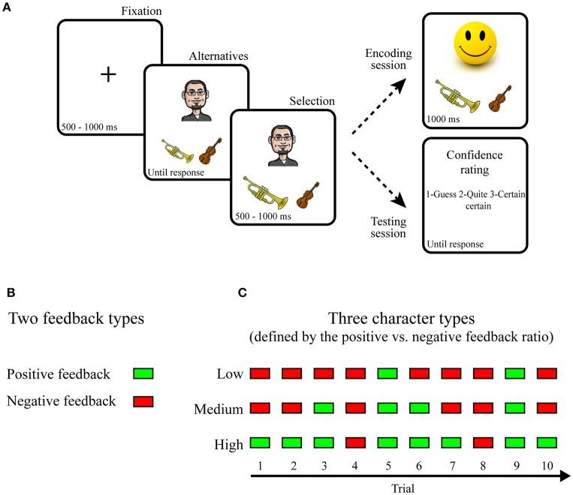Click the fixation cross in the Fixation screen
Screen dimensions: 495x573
coord(110,73)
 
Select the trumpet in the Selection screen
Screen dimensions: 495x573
coord(264,192)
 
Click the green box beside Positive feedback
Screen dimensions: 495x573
coord(142,373)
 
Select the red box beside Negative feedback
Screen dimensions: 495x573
coord(142,401)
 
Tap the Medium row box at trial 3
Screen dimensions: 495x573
coord(324,409)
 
